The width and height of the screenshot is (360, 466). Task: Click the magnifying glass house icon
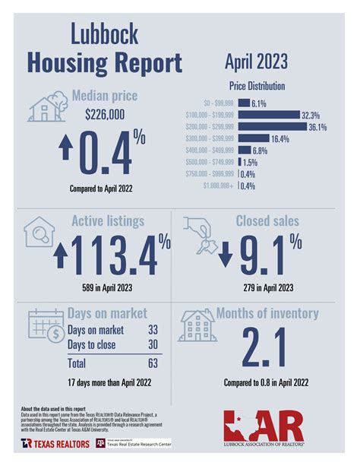pyautogui.click(x=41, y=233)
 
